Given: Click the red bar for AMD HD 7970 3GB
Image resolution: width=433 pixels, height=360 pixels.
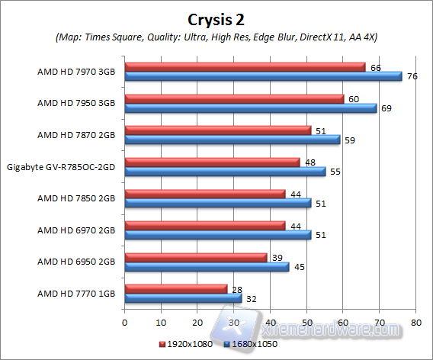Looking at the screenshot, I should [x=245, y=67].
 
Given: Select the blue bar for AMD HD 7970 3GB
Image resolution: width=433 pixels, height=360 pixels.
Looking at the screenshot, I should [x=263, y=76].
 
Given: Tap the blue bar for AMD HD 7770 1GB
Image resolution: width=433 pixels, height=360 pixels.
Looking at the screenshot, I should [x=183, y=297].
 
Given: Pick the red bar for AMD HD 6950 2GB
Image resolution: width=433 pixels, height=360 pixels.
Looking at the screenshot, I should [x=195, y=257].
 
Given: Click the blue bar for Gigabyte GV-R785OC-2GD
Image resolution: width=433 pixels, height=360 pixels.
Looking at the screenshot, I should [x=225, y=172].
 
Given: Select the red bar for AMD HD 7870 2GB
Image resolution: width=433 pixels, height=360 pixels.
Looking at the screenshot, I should [x=217, y=130].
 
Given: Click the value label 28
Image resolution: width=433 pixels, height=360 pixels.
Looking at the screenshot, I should [x=236, y=288].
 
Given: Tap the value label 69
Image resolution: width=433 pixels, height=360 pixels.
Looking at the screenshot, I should [x=386, y=108].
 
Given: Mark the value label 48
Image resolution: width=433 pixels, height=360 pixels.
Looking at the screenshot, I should [x=310, y=162].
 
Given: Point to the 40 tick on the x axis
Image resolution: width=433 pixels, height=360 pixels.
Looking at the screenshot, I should [x=270, y=323].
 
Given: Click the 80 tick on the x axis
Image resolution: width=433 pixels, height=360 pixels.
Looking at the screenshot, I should [x=415, y=323].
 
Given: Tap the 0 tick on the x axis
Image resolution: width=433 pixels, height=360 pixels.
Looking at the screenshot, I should [x=124, y=323].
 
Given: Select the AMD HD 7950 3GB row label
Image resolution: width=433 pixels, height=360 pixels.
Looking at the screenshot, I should [x=76, y=103].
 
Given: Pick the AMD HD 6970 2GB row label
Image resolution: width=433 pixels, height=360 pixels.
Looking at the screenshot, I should [x=76, y=230].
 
